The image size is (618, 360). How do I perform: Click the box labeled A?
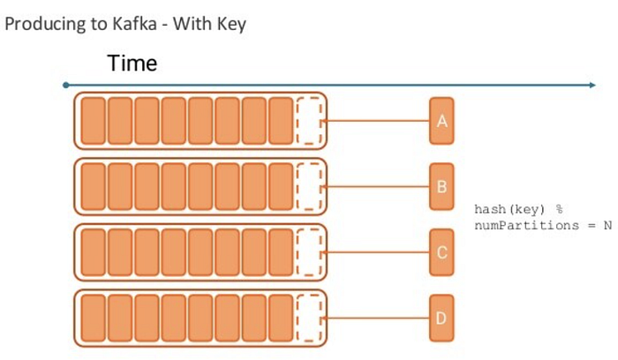pos(441,121)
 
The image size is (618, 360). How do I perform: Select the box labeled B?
pos(441,186)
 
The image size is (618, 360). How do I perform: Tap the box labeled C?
pos(441,252)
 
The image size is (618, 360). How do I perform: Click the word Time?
pos(132,64)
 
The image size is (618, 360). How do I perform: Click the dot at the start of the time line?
pos(66,86)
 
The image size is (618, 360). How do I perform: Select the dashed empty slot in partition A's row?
pos(309,121)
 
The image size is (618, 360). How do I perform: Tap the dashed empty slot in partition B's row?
pos(309,186)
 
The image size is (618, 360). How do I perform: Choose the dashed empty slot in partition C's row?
pos(309,252)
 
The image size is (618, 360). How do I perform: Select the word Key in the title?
pos(231,24)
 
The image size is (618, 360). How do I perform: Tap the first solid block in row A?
pos(93,121)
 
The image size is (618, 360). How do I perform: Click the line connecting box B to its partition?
pos(378,186)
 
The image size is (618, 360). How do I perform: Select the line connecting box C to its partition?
pos(378,252)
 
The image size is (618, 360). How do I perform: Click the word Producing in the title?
pos(41,24)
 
